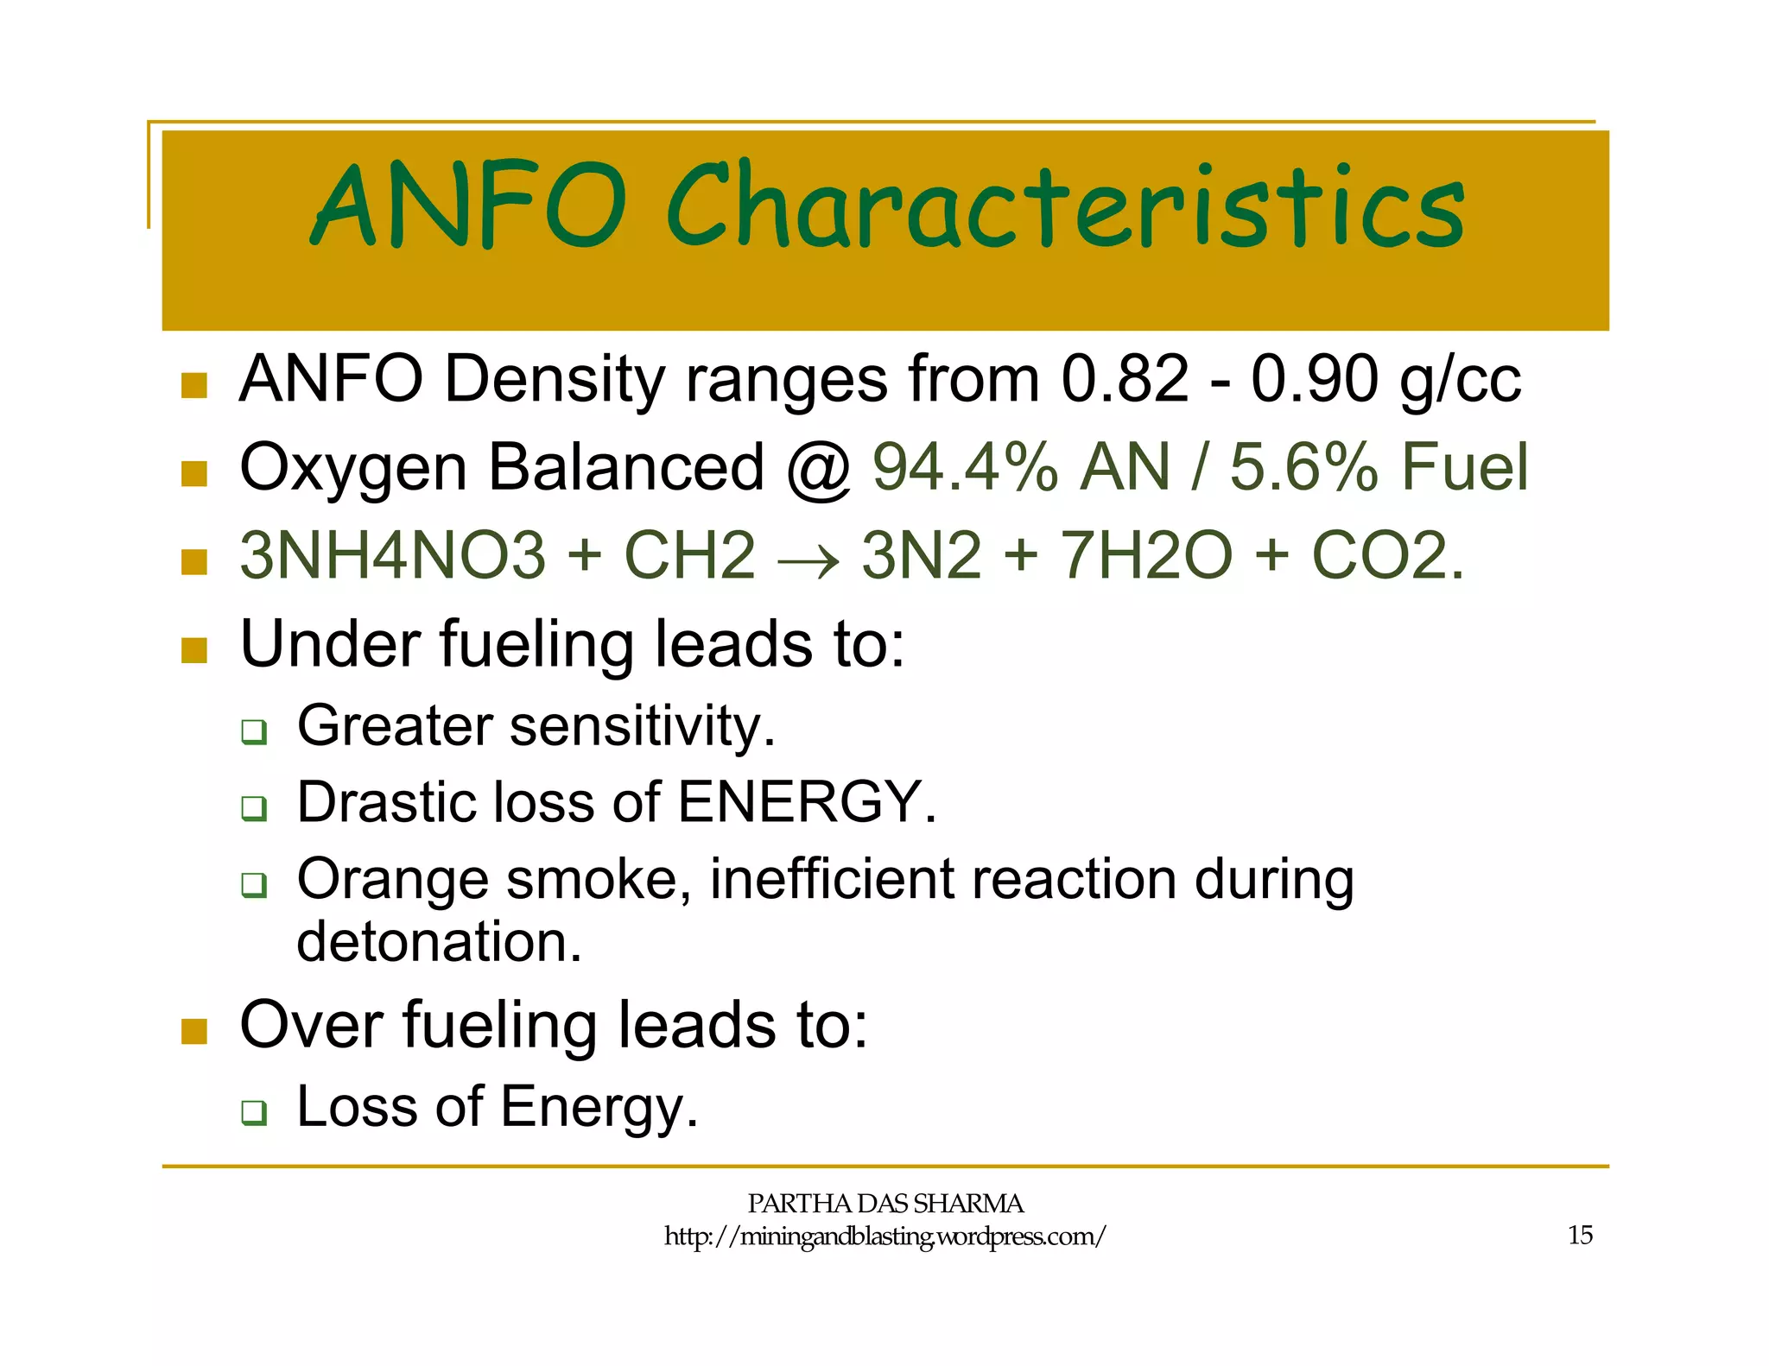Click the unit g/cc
click(1460, 382)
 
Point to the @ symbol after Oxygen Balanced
click(818, 469)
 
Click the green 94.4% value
click(966, 467)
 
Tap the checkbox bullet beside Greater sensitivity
click(254, 731)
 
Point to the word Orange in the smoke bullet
click(392, 880)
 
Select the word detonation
click(439, 942)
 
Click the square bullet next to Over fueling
click(194, 1030)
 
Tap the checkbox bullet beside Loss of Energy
click(254, 1112)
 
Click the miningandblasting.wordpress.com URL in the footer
click(884, 1236)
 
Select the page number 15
click(1580, 1236)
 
